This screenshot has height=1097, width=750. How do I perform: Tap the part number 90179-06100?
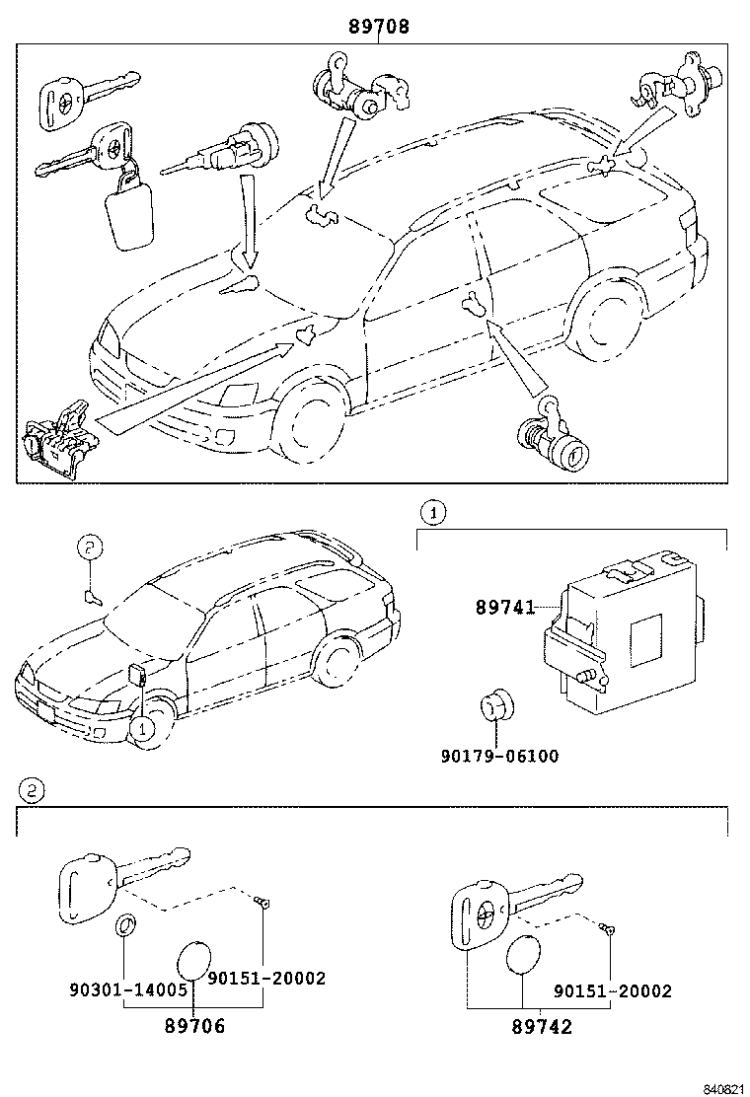point(499,757)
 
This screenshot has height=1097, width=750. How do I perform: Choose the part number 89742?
point(542,1027)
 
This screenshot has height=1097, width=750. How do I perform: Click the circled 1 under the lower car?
point(142,729)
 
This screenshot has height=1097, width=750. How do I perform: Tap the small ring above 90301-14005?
point(124,927)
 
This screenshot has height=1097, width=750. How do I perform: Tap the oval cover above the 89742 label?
point(522,957)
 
